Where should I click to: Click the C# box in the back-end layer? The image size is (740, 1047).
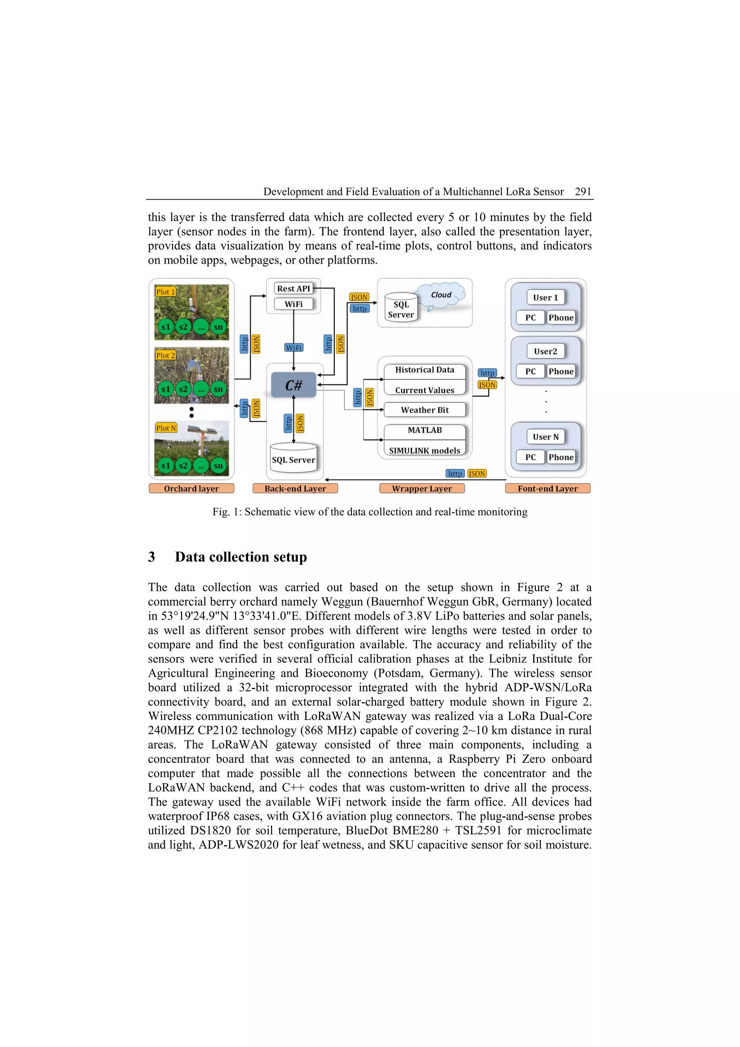tap(293, 385)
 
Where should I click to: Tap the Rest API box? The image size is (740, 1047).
tap(293, 289)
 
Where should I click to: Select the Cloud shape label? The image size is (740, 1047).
tap(441, 295)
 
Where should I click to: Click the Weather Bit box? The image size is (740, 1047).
tap(425, 410)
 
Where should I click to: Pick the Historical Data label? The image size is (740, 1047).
tap(425, 370)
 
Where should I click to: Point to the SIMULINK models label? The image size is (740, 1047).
tap(425, 450)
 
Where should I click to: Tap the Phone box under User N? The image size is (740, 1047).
tap(561, 457)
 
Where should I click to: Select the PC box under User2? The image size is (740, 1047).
tap(530, 372)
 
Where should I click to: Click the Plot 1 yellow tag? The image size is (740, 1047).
tap(165, 292)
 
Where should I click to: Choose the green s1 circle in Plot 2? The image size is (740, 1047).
tap(165, 389)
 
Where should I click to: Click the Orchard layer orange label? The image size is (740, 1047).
tap(192, 489)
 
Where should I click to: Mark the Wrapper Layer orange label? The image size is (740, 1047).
tap(422, 489)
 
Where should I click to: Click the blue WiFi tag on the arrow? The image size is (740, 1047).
tap(293, 348)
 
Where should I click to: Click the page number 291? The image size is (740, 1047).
tap(583, 192)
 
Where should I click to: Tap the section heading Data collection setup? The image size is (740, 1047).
tap(241, 557)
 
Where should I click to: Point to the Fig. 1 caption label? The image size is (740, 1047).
tap(227, 512)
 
